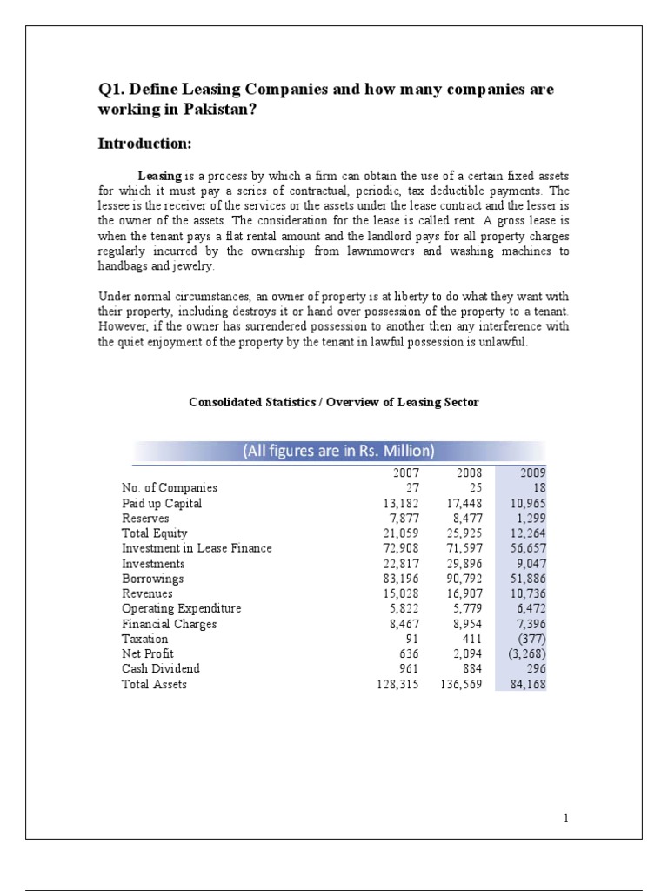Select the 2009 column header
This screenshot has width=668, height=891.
[x=532, y=472]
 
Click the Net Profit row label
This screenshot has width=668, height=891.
[x=148, y=653]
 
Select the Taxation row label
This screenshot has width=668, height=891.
[x=145, y=639]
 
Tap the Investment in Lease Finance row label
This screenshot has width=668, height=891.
[x=197, y=548]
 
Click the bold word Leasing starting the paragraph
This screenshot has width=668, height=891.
[x=160, y=177]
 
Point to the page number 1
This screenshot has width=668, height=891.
[x=565, y=818]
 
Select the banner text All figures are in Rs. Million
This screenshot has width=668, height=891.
[x=339, y=451]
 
